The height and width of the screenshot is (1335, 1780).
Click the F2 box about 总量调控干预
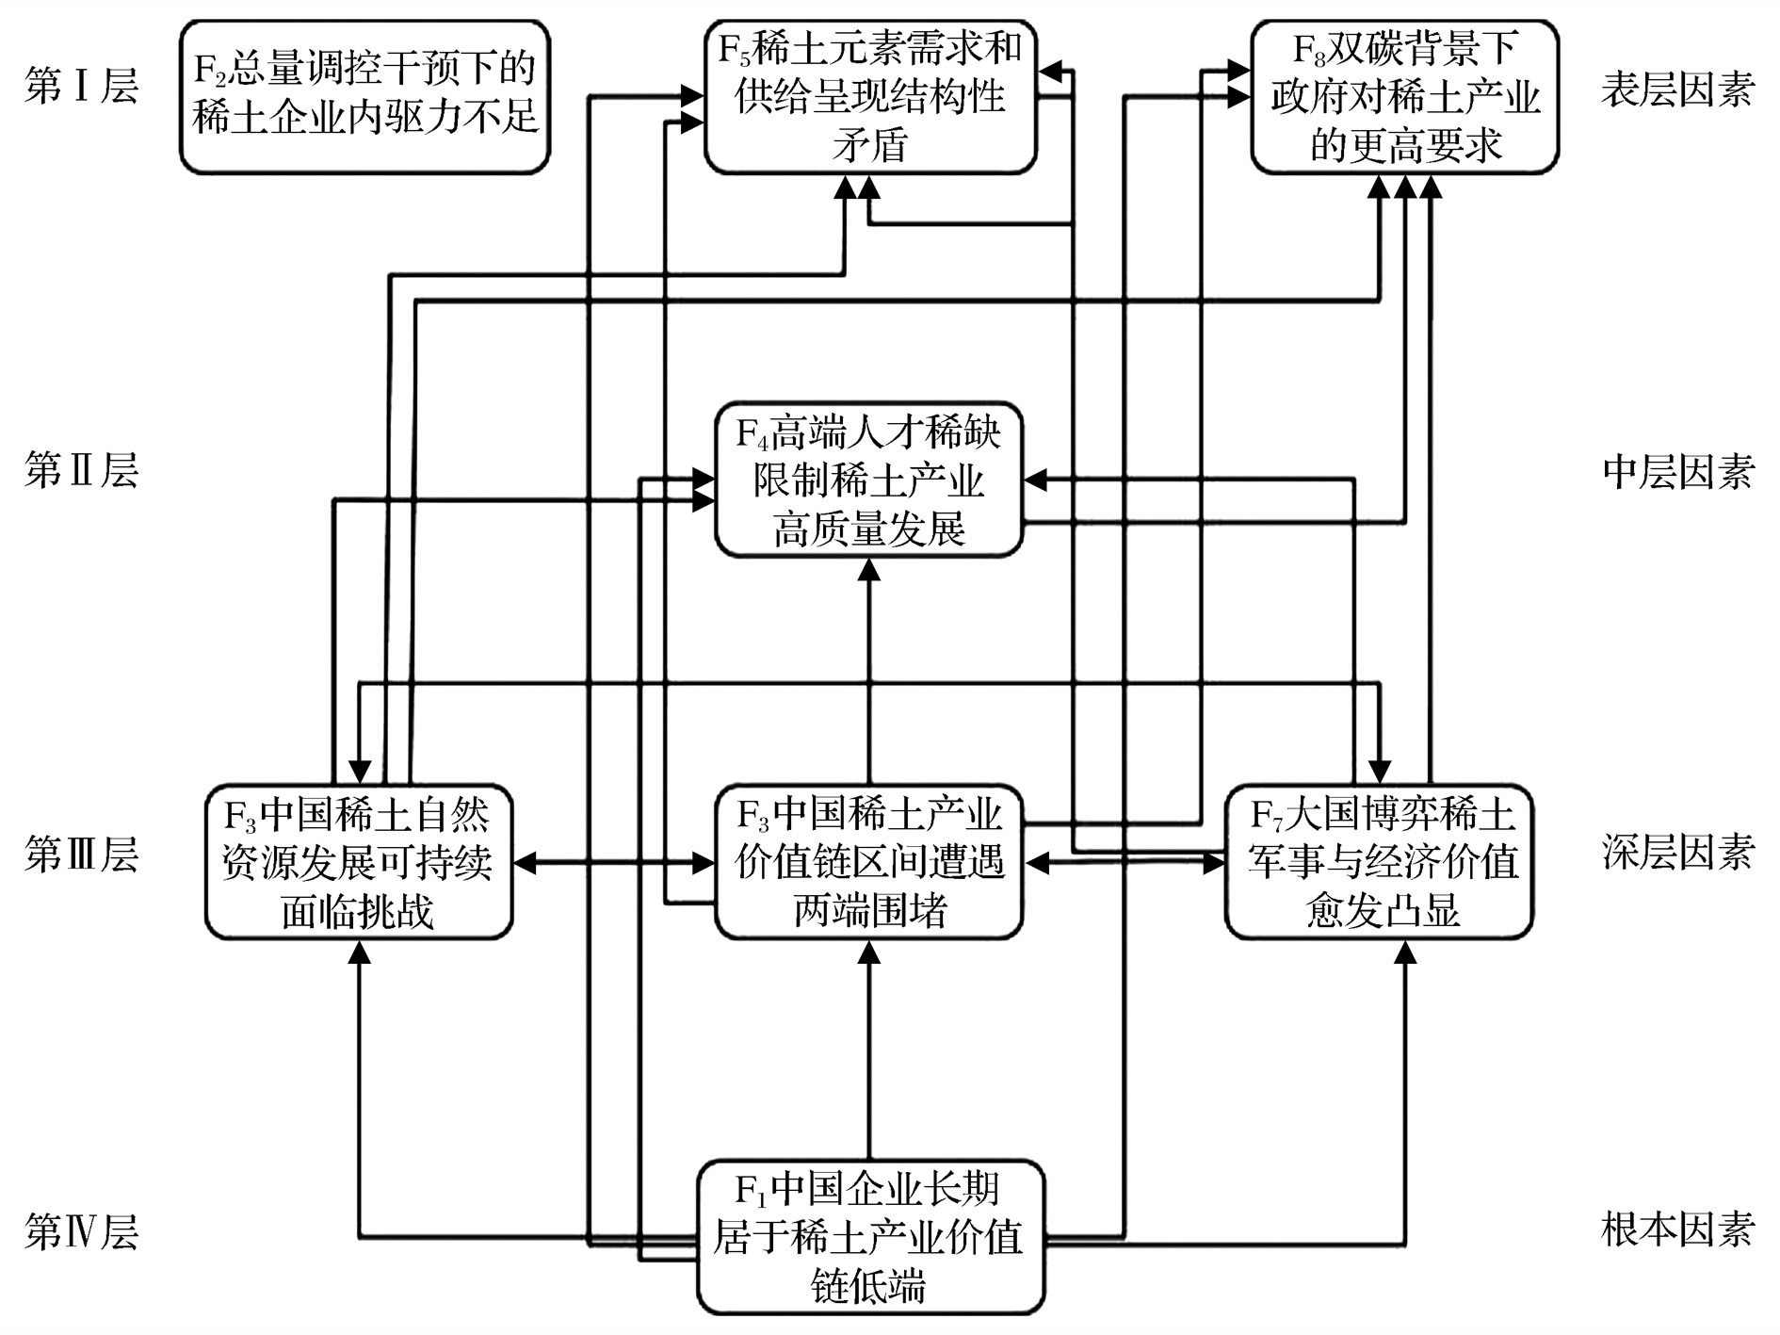click(x=364, y=96)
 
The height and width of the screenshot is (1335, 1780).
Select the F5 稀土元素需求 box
click(x=870, y=96)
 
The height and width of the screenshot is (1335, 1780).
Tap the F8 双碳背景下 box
click(x=1404, y=96)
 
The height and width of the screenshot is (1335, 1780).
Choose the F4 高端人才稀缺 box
click(x=868, y=480)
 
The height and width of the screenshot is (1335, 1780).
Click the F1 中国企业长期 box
click(x=870, y=1237)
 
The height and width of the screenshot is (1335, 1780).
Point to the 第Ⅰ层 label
click(x=82, y=89)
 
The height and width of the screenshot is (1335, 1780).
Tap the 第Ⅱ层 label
click(x=82, y=470)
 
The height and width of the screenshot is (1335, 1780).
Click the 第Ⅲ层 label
click(x=82, y=854)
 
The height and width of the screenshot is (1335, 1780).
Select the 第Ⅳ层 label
click(x=82, y=1231)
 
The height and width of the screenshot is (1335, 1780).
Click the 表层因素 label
click(x=1677, y=90)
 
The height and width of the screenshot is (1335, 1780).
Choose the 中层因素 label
click(x=1677, y=472)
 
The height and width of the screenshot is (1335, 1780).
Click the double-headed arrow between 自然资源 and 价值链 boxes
click(x=613, y=862)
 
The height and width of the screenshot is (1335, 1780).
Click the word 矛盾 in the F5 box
click(x=869, y=146)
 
